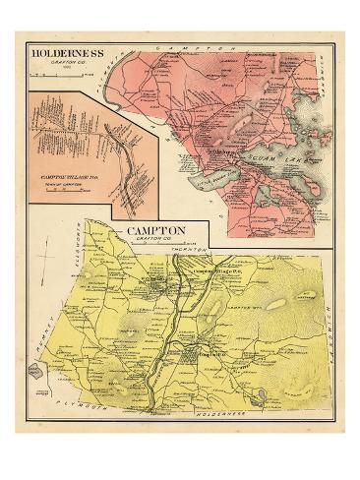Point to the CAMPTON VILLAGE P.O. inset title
(x=70, y=177)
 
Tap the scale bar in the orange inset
(x=70, y=194)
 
